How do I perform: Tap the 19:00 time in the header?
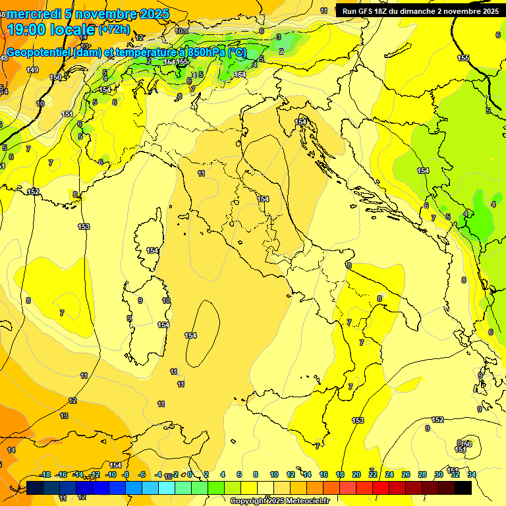pyautogui.click(x=28, y=29)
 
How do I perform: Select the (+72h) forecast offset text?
pyautogui.click(x=114, y=30)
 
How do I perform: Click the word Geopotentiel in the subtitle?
pyautogui.click(x=40, y=52)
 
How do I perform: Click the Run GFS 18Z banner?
pyautogui.click(x=420, y=11)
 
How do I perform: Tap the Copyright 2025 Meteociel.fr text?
pyautogui.click(x=279, y=501)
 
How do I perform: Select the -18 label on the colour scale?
pyautogui.click(x=45, y=474)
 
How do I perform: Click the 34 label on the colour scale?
pyautogui.click(x=471, y=474)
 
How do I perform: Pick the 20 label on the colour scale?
pyautogui.click(x=356, y=474)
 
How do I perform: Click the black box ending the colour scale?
pyautogui.click(x=463, y=488)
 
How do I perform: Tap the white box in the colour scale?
pyautogui.click(x=266, y=488)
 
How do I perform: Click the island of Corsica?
pyautogui.click(x=150, y=240)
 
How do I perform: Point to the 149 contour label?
pyautogui.click(x=32, y=70)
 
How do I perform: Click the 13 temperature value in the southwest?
pyautogui.click(x=64, y=416)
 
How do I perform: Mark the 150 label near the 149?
pyautogui.click(x=55, y=77)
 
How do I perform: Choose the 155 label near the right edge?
pyautogui.click(x=463, y=58)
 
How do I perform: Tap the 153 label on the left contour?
pyautogui.click(x=84, y=227)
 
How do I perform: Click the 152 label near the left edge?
pyautogui.click(x=34, y=192)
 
